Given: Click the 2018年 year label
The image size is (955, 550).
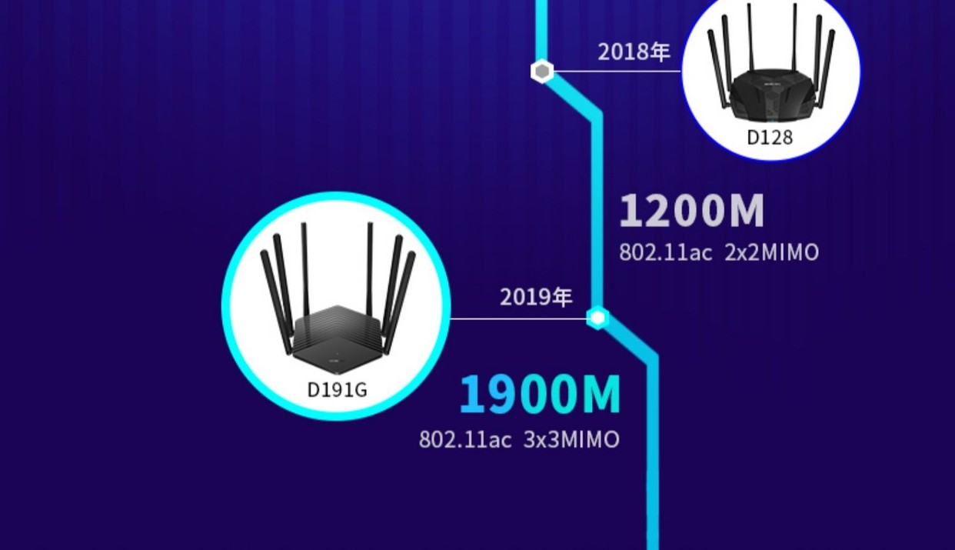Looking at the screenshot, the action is [634, 52].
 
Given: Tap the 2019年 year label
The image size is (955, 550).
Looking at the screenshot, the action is [536, 297].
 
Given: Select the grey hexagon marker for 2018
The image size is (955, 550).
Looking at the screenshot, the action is [542, 72].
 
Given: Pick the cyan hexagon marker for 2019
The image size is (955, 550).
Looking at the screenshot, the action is [597, 318].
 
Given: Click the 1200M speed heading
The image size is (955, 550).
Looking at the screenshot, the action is [691, 212].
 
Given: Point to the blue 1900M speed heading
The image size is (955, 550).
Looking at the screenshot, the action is [540, 395].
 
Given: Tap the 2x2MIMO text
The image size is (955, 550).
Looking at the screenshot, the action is [771, 252].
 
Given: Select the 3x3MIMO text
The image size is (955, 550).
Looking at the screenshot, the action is [571, 440].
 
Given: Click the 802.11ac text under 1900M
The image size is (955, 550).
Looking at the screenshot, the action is [465, 440].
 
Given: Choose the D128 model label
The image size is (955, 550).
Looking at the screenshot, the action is [770, 138].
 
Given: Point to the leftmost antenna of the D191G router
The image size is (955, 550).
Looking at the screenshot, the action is [277, 300].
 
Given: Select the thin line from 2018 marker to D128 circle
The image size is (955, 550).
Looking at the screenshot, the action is [615, 72].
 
